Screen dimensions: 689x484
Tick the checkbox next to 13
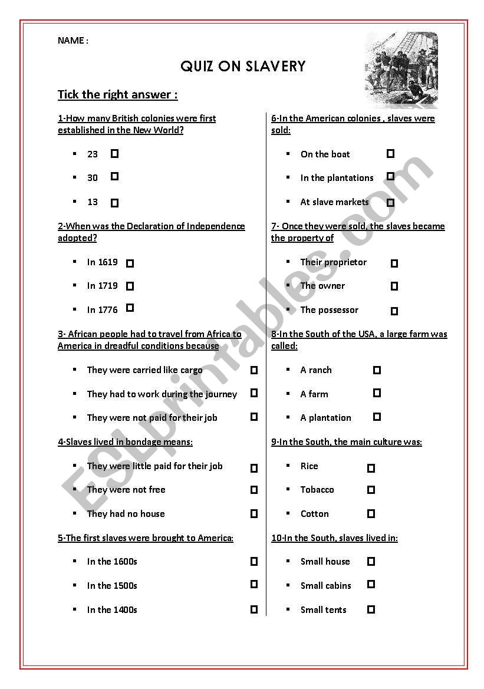coord(114,203)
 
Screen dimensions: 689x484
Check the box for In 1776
coord(130,308)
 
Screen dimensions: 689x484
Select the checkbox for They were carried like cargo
coord(254,370)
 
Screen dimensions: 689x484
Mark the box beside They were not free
coord(254,490)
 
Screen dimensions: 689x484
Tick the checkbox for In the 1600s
coord(254,562)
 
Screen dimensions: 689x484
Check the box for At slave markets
coord(390,202)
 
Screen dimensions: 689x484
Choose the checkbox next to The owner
coord(394,286)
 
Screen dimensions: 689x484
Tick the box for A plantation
coord(377,417)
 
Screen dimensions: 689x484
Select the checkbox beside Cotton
coord(371,514)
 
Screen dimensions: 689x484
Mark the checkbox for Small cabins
coord(371,585)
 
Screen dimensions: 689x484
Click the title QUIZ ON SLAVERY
coord(243,67)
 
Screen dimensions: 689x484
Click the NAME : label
coord(73,41)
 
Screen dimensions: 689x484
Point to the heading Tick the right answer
coord(117,94)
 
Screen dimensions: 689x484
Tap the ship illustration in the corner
coord(401,70)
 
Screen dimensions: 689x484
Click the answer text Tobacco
coord(317,490)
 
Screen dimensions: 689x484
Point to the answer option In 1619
coord(102,262)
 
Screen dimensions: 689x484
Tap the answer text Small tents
coord(323,610)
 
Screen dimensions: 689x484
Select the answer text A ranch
coord(316,370)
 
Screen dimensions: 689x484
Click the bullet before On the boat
coord(288,154)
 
